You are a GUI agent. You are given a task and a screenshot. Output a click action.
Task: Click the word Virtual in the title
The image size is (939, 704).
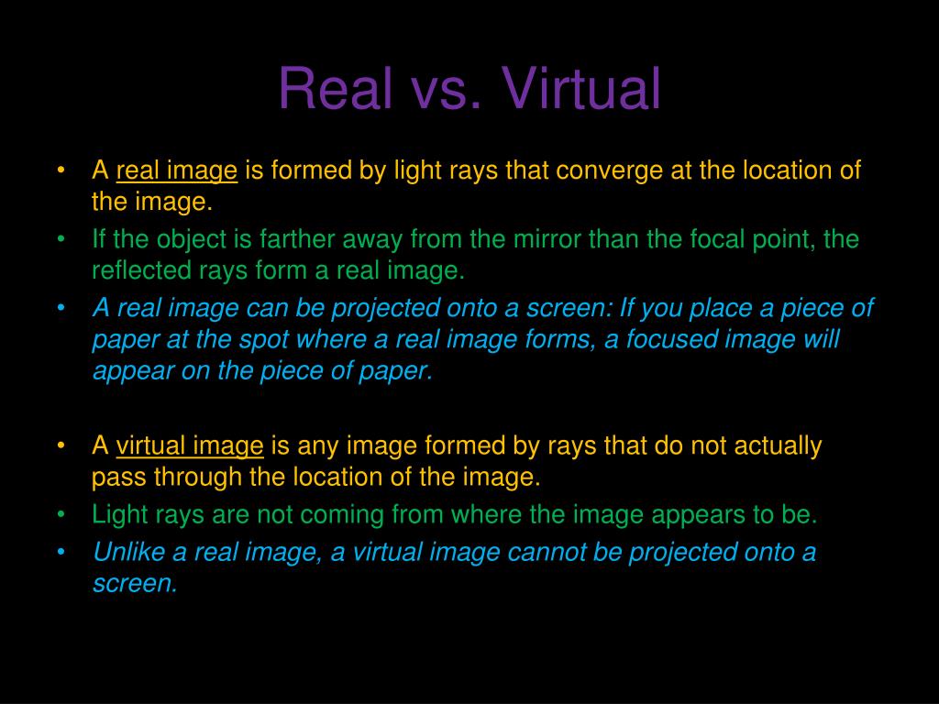[x=580, y=90]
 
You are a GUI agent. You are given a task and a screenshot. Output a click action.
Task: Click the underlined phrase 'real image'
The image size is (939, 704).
[x=177, y=170]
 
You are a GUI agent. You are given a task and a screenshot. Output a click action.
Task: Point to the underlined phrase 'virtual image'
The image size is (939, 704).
[x=190, y=446]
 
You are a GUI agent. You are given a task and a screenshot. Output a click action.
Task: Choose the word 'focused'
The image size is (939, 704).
[x=670, y=339]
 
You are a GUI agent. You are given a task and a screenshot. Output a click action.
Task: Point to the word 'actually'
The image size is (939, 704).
[x=776, y=446]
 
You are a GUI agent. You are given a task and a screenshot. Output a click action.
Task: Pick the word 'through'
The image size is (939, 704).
[x=198, y=478]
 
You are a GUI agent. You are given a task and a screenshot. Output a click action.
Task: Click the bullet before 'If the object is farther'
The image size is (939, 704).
[x=61, y=239]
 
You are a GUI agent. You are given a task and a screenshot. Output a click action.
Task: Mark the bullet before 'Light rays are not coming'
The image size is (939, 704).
[x=61, y=514]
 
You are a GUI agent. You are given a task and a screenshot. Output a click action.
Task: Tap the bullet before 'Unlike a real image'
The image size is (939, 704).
[x=61, y=552]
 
